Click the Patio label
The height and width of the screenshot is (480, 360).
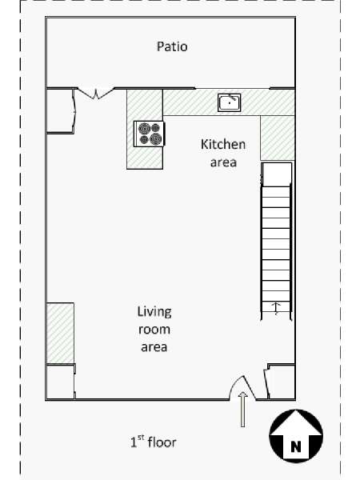click(172, 46)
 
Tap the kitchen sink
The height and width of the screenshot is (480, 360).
click(230, 102)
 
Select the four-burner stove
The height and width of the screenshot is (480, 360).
click(149, 134)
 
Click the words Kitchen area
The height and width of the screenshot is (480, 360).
click(223, 153)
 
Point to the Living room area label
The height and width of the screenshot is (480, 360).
click(154, 329)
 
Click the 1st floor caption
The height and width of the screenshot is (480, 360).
click(154, 442)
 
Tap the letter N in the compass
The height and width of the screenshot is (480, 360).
click(295, 447)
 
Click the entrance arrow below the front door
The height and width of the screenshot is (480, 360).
click(242, 410)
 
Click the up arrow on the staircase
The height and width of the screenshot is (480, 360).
click(277, 309)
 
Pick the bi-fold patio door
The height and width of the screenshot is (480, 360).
click(96, 93)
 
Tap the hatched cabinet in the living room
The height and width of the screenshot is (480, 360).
click(60, 333)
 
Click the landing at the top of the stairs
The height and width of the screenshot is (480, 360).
click(277, 174)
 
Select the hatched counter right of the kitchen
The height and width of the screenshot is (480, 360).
click(278, 138)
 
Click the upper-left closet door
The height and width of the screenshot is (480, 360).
click(74, 111)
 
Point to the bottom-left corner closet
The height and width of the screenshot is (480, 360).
click(60, 382)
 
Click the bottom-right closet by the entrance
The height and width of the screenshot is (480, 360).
click(281, 382)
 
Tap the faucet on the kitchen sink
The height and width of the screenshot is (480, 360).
click(233, 98)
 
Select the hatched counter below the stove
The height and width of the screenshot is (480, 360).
click(145, 158)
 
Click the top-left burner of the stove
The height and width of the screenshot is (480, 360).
click(144, 128)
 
